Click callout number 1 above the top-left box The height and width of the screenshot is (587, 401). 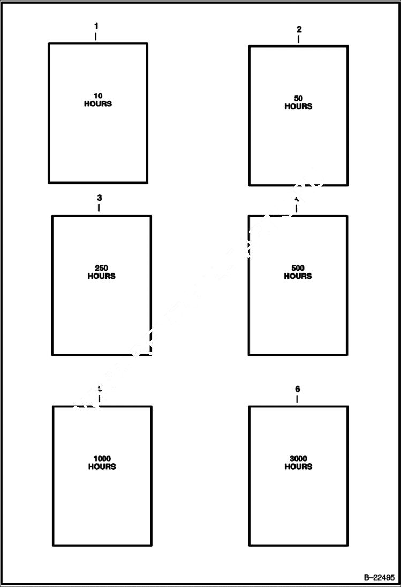pyautogui.click(x=96, y=26)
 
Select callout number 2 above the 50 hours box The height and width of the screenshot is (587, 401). pyautogui.click(x=299, y=29)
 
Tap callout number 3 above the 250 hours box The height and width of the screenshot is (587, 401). pyautogui.click(x=100, y=197)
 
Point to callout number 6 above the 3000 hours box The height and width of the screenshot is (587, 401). pyautogui.click(x=298, y=389)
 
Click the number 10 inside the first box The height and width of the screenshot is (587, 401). pyautogui.click(x=98, y=96)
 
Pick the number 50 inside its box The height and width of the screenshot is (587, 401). pyautogui.click(x=298, y=98)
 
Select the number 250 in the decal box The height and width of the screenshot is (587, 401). pyautogui.click(x=102, y=268)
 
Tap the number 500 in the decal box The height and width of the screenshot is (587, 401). pyautogui.click(x=298, y=268)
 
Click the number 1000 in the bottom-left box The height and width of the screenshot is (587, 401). pyautogui.click(x=102, y=459)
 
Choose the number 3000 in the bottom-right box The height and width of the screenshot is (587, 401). pyautogui.click(x=298, y=459)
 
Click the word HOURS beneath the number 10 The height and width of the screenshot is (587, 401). pyautogui.click(x=98, y=104)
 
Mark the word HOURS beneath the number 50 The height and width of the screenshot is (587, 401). pyautogui.click(x=298, y=106)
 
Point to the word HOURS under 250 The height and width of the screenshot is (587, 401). pyautogui.click(x=102, y=276)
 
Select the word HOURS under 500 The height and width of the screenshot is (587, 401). pyautogui.click(x=298, y=276)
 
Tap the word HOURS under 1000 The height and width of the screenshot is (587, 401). pyautogui.click(x=102, y=467)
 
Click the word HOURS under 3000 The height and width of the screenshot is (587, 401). pyautogui.click(x=298, y=467)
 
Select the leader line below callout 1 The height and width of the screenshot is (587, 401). pyautogui.click(x=96, y=36)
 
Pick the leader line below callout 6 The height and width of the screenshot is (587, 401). pyautogui.click(x=297, y=399)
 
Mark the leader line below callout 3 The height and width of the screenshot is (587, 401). pyautogui.click(x=99, y=208)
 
